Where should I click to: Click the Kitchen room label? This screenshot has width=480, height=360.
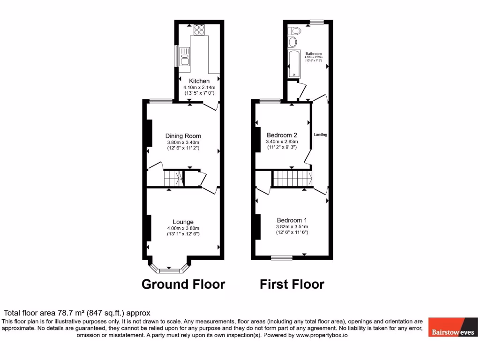(199, 81)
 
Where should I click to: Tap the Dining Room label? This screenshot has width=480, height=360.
(183, 136)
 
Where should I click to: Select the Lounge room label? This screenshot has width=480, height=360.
(183, 222)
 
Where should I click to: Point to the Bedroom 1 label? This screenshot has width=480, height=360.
(292, 220)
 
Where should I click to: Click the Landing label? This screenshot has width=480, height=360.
(321, 135)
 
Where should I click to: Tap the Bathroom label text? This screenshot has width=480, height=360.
(314, 54)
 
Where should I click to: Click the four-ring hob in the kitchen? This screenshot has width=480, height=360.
(199, 30)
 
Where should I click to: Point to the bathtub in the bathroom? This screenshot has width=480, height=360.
(294, 64)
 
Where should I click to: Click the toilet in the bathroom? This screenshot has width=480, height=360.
(295, 31)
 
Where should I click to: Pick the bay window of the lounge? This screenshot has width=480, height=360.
(170, 269)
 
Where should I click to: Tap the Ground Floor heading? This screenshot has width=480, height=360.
(183, 284)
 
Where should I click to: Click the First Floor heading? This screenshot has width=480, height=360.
(292, 284)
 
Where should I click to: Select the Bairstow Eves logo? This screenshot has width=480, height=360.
(452, 328)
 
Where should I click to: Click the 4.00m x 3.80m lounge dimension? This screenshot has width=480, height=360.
(183, 228)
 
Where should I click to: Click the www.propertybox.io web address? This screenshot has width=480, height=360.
(322, 335)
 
